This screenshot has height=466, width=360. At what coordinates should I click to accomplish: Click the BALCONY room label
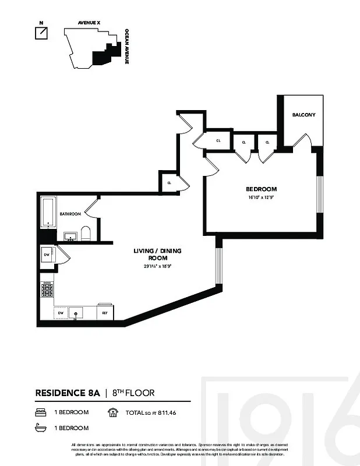pos(303,115)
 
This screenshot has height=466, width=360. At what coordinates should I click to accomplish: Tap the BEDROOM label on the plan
pos(260,189)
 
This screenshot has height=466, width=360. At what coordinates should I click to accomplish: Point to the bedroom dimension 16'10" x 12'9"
pos(260,197)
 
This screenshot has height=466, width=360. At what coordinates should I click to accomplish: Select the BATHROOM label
pos(70,214)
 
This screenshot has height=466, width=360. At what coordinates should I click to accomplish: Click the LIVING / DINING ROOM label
pos(158,254)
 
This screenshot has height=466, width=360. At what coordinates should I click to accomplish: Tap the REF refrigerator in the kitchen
pos(105,313)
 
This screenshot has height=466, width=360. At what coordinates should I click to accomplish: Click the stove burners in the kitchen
pos(47,290)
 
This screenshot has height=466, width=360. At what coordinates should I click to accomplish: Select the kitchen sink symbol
pos(76,313)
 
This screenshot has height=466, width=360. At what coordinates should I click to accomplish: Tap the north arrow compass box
pos(41,33)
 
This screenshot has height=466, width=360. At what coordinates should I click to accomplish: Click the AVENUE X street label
pos(89,23)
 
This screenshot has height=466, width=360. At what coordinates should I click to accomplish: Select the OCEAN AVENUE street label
pos(126,47)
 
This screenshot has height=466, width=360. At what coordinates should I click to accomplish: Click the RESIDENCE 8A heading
pos(68,393)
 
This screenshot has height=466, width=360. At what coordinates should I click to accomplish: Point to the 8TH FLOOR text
pos(133,393)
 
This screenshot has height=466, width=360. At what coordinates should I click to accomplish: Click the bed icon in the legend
pos(40,412)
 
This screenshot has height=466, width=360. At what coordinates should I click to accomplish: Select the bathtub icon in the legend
pos(40,428)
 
